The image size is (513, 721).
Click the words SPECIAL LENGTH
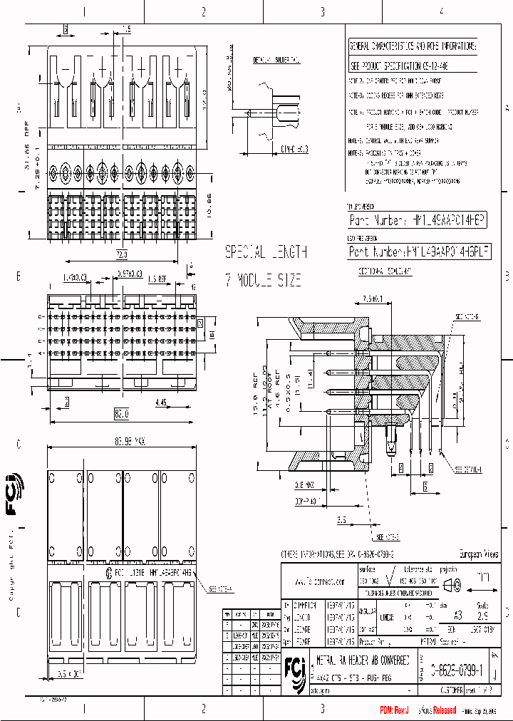pyautogui.click(x=266, y=252)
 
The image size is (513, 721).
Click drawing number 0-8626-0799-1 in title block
pyautogui.click(x=456, y=670)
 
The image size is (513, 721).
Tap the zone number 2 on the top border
pyautogui.click(x=203, y=11)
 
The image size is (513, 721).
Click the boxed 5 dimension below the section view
pyautogui.click(x=425, y=487)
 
